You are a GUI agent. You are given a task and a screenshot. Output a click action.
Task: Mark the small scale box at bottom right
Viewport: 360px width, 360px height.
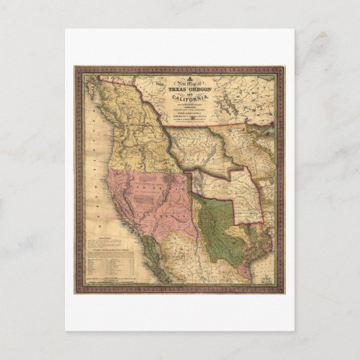point(266,276)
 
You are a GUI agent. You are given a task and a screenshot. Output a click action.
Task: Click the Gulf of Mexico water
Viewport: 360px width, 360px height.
point(268,258)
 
